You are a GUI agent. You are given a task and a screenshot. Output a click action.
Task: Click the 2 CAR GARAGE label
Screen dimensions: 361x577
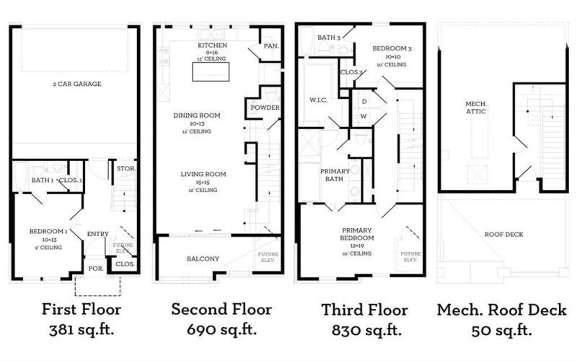75,84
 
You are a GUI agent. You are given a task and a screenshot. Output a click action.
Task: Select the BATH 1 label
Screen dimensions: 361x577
42,180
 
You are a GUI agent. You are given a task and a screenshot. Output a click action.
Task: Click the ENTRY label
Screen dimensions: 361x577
97,233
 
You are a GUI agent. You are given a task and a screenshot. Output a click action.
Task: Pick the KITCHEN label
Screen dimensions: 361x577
213,45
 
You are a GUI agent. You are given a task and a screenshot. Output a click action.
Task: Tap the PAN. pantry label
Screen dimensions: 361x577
271,46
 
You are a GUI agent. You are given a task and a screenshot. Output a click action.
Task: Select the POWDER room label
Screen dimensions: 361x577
265,108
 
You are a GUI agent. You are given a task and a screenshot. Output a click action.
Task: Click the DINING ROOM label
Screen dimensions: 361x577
196,116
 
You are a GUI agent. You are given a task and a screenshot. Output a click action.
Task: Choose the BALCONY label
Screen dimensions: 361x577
193,258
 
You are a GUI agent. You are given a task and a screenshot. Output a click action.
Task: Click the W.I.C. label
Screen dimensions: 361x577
318,100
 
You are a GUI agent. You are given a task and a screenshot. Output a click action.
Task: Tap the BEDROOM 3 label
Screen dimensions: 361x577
390,48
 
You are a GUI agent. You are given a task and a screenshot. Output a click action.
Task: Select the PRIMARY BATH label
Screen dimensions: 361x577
335,175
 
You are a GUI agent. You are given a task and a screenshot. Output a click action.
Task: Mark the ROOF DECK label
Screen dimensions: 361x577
505,234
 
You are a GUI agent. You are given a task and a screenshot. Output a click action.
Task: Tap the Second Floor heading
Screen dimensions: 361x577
221,310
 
